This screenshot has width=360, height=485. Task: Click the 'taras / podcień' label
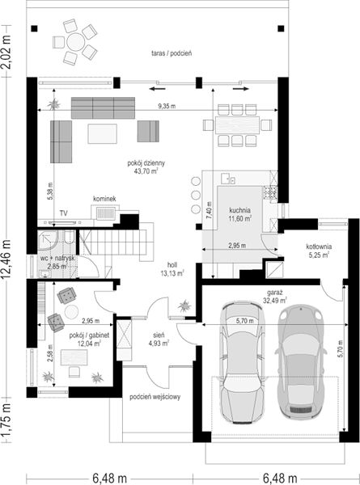point(172,53)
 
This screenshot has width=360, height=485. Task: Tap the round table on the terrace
point(75,41)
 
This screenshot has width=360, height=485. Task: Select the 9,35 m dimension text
point(167,107)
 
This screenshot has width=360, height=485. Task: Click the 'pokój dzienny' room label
point(146,163)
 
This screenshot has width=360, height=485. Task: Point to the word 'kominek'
point(104,199)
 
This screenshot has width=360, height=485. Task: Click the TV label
point(64,213)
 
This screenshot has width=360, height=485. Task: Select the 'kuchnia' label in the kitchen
point(240,210)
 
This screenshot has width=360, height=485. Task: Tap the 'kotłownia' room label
point(319,247)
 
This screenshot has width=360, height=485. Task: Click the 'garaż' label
point(275,293)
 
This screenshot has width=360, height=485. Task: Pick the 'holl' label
point(172,265)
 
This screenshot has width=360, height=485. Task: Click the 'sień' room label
point(160,335)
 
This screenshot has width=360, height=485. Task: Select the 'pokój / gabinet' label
point(89,335)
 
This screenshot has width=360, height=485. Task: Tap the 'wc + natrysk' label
point(57,259)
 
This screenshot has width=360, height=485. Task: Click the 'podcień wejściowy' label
point(155,397)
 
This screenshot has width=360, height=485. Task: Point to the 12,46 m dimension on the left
point(6,259)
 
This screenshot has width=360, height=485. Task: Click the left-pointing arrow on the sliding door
point(157,89)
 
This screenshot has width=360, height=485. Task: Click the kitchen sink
point(228,179)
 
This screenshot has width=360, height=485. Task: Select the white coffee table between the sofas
point(102,133)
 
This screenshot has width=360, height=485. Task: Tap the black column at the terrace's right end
point(281,29)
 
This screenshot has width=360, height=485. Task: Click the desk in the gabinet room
point(74,357)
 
